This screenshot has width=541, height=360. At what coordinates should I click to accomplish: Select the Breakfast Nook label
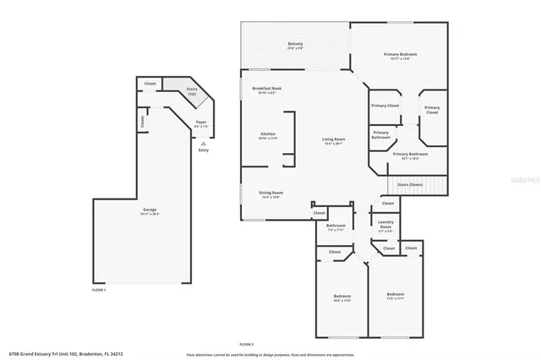[266, 90]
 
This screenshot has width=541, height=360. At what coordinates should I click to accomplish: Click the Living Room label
[333, 141]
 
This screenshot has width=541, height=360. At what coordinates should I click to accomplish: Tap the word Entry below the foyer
[203, 150]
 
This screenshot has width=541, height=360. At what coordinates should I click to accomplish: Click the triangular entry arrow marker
[203, 143]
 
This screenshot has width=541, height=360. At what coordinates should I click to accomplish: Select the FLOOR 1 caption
[99, 290]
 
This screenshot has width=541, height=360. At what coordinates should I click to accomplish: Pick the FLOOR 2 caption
[246, 344]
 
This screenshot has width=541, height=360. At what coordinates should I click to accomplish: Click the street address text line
[66, 353]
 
